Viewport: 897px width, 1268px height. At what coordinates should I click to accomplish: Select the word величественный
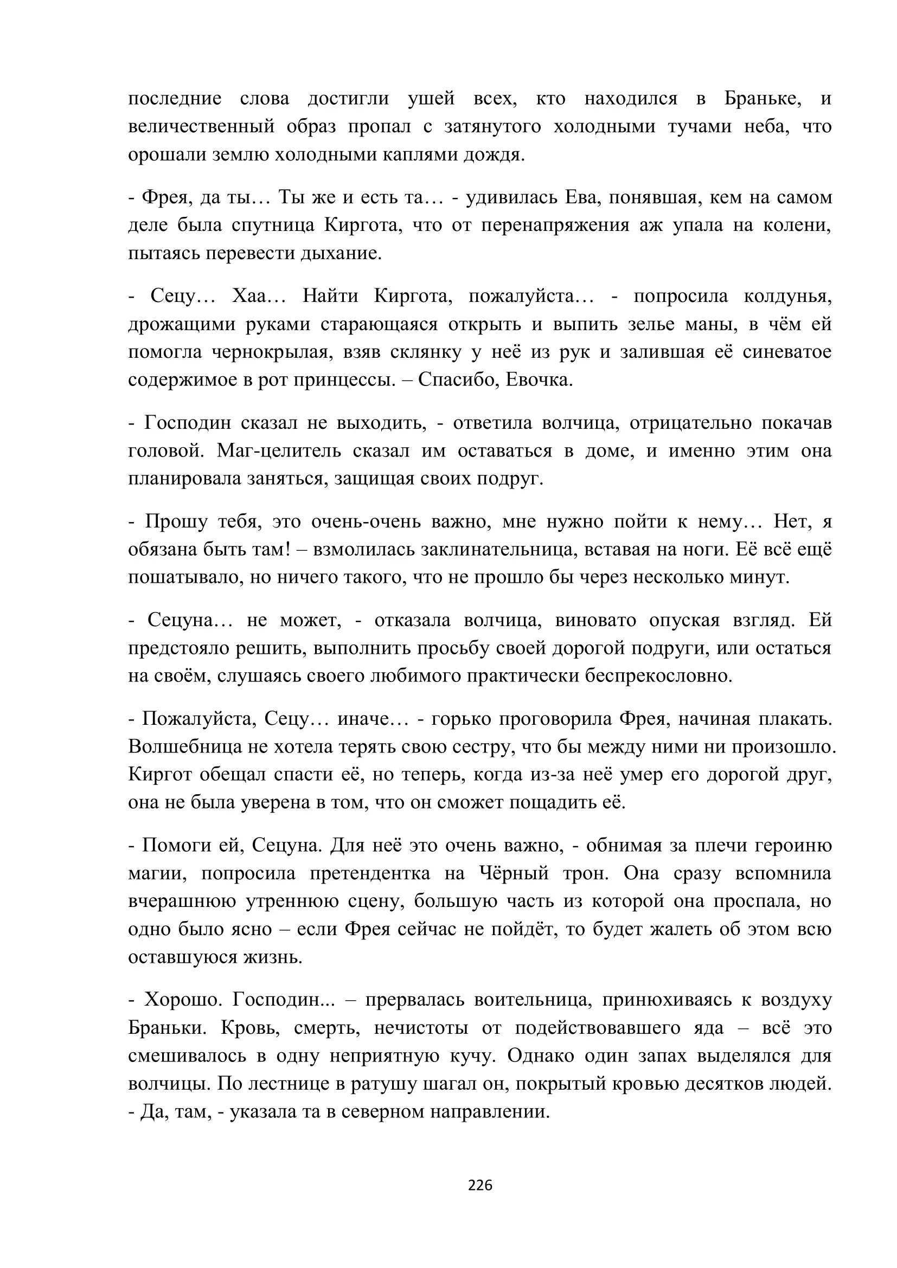(x=201, y=126)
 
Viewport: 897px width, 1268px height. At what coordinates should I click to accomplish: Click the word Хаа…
(x=259, y=297)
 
